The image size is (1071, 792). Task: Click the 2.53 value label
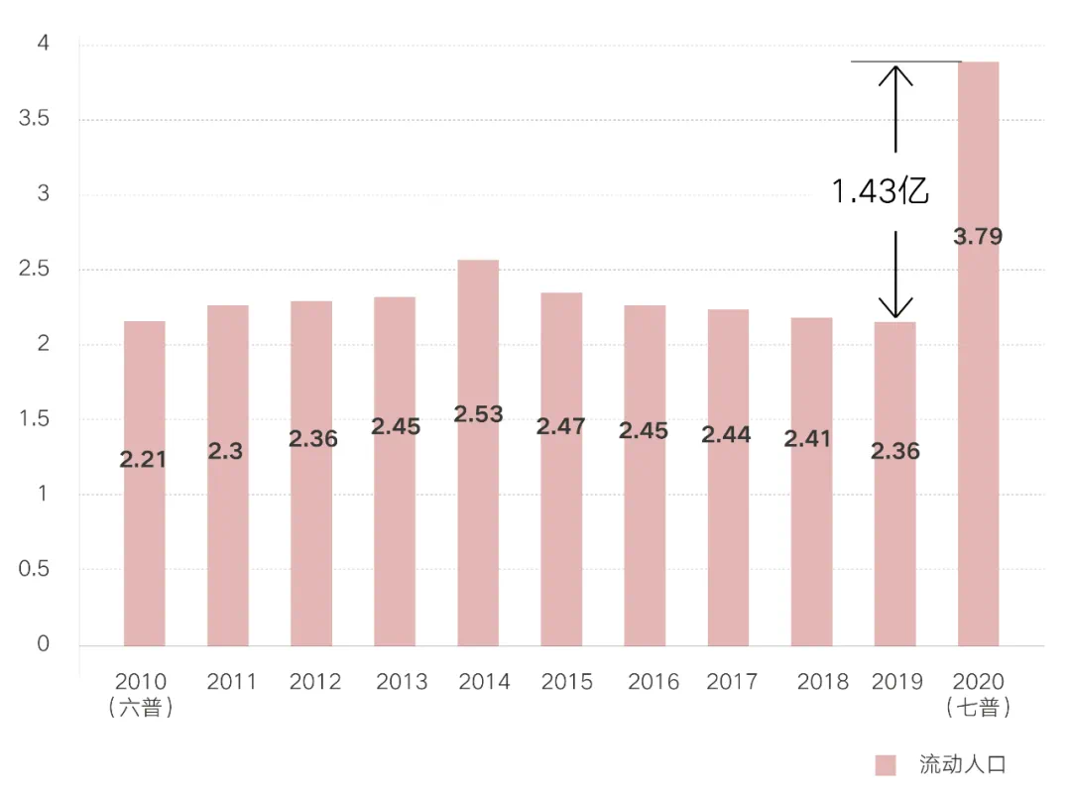pyautogui.click(x=478, y=414)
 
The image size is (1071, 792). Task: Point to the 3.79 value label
pyautogui.click(x=978, y=237)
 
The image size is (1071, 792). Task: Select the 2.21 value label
pyautogui.click(x=144, y=459)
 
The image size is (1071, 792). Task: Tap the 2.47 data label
pyautogui.click(x=560, y=426)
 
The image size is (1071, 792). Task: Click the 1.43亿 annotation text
pyautogui.click(x=880, y=191)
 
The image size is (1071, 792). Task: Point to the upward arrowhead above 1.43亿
pyautogui.click(x=895, y=72)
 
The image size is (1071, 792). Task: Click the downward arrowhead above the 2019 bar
pyautogui.click(x=895, y=309)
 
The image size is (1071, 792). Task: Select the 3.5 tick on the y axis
pyautogui.click(x=35, y=119)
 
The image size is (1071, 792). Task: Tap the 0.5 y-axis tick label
pyautogui.click(x=35, y=569)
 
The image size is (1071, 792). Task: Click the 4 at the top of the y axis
pyautogui.click(x=43, y=44)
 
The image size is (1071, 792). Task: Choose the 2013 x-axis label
pyautogui.click(x=402, y=682)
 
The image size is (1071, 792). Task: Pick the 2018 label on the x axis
pyautogui.click(x=822, y=682)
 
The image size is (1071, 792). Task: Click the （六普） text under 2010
pyautogui.click(x=141, y=708)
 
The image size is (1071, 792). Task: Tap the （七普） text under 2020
pyautogui.click(x=978, y=708)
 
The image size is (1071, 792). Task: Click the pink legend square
pyautogui.click(x=886, y=764)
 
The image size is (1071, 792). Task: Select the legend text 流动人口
pyautogui.click(x=962, y=764)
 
